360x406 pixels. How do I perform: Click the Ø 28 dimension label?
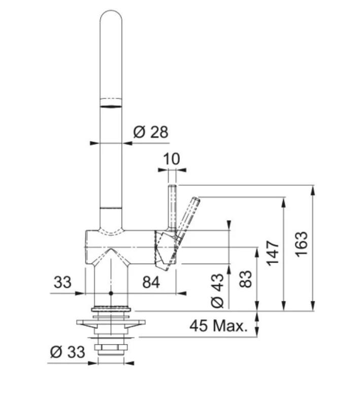150,132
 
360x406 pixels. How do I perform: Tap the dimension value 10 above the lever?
172,159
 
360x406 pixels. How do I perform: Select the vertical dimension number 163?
302,244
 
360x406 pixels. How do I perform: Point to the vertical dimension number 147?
274,253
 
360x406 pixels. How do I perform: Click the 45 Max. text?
219,326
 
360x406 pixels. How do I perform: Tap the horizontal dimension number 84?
151,282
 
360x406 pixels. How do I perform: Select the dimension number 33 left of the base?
62,282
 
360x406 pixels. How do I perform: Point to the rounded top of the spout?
111,18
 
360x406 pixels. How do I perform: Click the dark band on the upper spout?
111,106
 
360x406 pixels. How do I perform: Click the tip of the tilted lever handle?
196,199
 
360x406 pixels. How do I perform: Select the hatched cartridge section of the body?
163,249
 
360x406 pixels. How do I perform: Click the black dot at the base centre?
111,293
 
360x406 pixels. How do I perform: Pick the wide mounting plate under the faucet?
111,322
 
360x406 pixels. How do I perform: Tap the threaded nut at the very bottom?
111,350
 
